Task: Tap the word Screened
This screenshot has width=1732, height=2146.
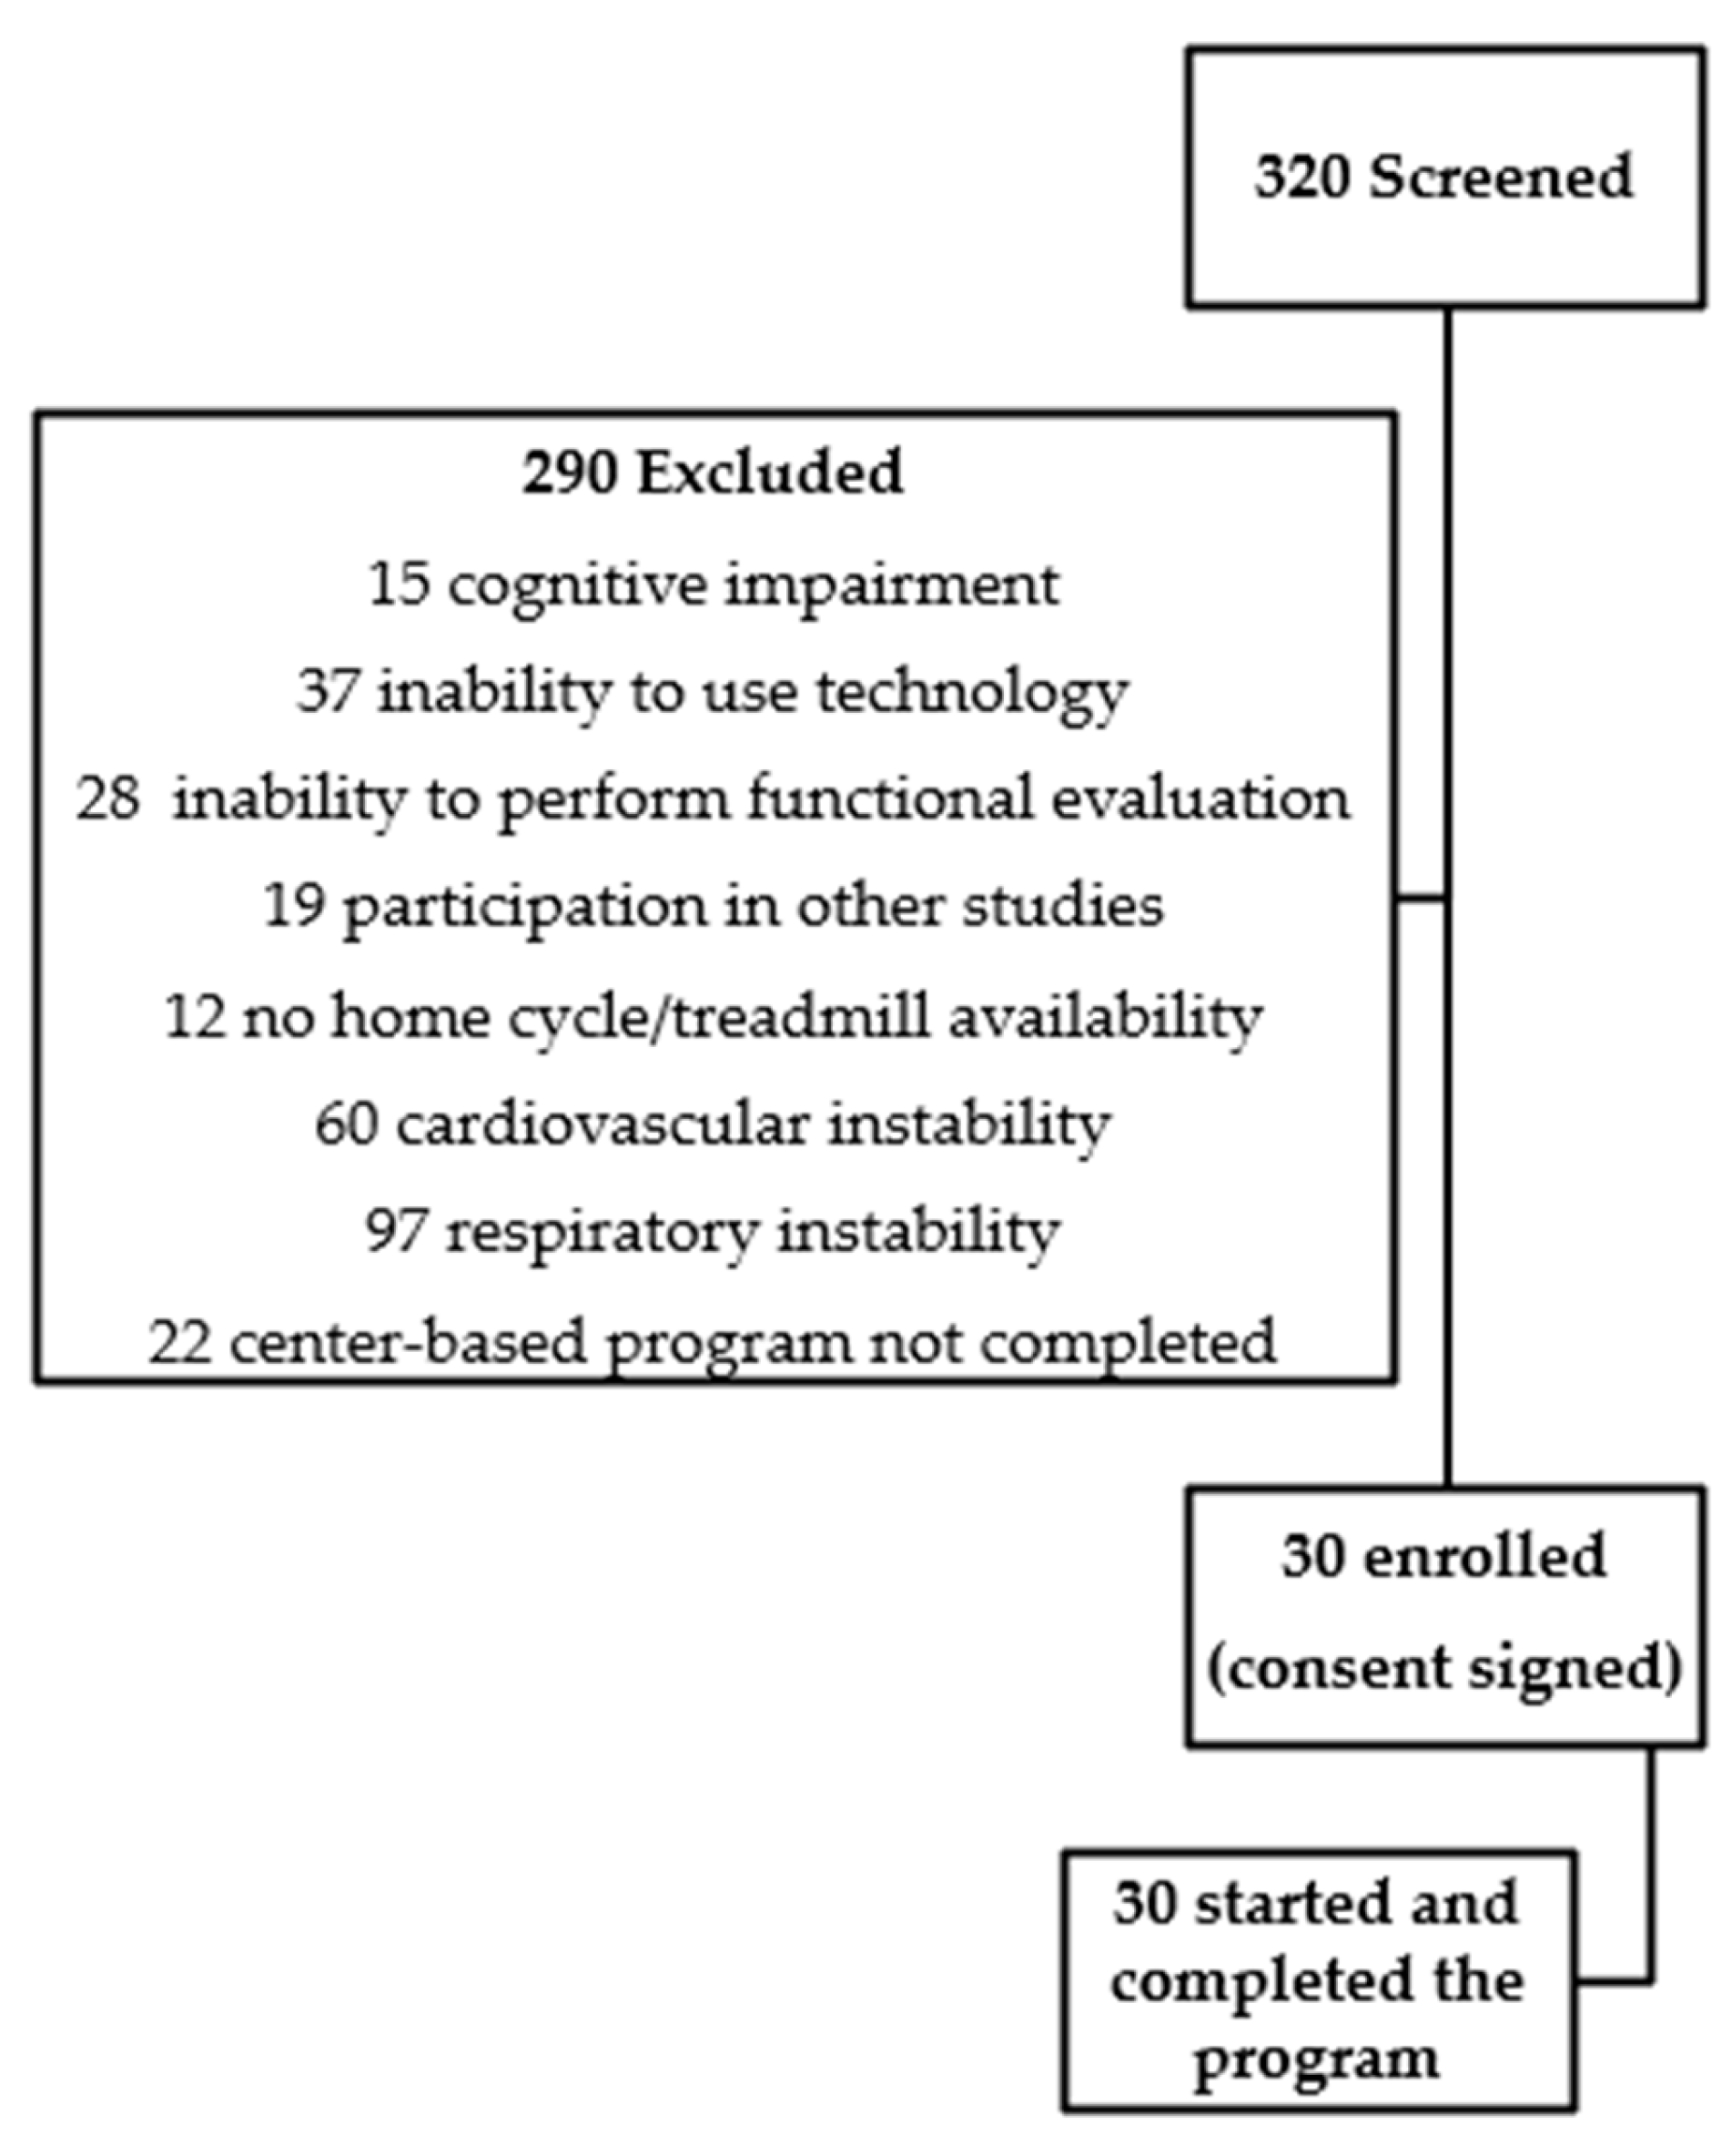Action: [x=1500, y=178]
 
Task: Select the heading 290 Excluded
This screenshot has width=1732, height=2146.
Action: [x=713, y=473]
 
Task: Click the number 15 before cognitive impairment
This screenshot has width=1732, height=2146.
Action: [x=399, y=584]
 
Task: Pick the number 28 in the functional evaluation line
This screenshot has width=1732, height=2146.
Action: [x=107, y=799]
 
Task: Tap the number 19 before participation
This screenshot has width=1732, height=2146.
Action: [x=293, y=906]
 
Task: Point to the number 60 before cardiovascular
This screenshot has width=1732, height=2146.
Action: [x=346, y=1125]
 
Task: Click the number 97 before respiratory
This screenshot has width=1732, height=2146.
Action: [x=396, y=1232]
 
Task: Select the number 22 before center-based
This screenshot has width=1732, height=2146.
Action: [x=179, y=1342]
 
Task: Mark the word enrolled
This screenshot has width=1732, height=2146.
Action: [x=1484, y=1556]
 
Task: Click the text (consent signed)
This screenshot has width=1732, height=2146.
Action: [x=1444, y=1668]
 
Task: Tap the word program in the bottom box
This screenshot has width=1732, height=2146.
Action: [x=1317, y=2060]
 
